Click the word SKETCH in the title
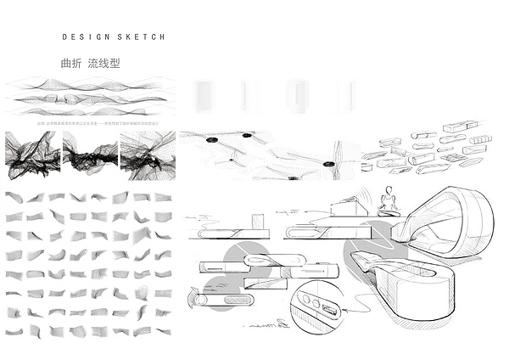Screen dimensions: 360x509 point(137,37)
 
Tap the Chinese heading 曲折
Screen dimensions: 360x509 point(71,63)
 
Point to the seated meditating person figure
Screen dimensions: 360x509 point(389,200)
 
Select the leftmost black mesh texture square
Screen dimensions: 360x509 point(31,155)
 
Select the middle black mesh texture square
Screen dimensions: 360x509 point(89,155)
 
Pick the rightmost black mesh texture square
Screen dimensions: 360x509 point(147,155)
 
